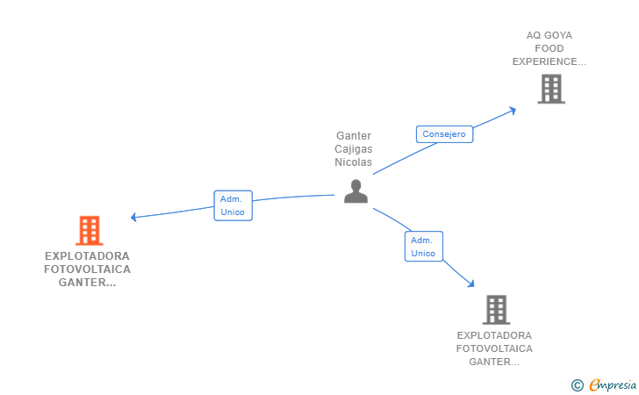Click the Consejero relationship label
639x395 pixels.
pyautogui.click(x=444, y=134)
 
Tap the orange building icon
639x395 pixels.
pyautogui.click(x=90, y=230)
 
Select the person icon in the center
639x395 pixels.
pyautogui.click(x=355, y=191)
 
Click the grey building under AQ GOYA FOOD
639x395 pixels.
pyautogui.click(x=551, y=89)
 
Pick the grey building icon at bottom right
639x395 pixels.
pyautogui.click(x=497, y=310)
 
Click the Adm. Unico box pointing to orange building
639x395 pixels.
pyautogui.click(x=233, y=205)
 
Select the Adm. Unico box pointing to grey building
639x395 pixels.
pyautogui.click(x=424, y=246)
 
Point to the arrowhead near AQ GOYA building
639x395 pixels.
pyautogui.click(x=513, y=111)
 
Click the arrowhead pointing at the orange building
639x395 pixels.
pyautogui.click(x=133, y=218)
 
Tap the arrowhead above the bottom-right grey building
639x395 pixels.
pyautogui.click(x=471, y=284)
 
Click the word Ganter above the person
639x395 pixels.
pyautogui.click(x=354, y=136)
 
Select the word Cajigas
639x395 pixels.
pyautogui.click(x=354, y=149)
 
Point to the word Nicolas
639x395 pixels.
pyautogui.click(x=354, y=162)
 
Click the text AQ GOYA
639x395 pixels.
pyautogui.click(x=549, y=35)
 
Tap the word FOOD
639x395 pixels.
pyautogui.click(x=549, y=48)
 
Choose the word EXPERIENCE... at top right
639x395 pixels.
pyautogui.click(x=549, y=61)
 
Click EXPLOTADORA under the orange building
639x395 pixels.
pyautogui.click(x=87, y=256)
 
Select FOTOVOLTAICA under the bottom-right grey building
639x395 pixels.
pyautogui.click(x=494, y=348)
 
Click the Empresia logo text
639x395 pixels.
pyautogui.click(x=613, y=384)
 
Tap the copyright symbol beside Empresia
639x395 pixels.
pyautogui.click(x=578, y=385)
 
